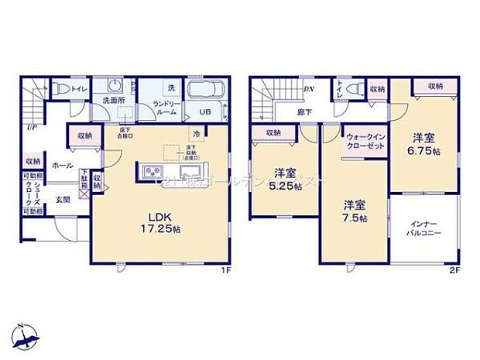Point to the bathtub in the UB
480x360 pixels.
pyautogui.click(x=206, y=91)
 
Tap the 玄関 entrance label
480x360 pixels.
pyautogui.click(x=62, y=199)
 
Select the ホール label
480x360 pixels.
pyautogui.click(x=62, y=166)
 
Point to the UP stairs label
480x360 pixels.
pyautogui.click(x=31, y=127)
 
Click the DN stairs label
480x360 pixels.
pyautogui.click(x=308, y=90)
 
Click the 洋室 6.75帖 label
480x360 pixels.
pyautogui.click(x=422, y=143)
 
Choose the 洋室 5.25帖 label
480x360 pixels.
pyautogui.click(x=284, y=179)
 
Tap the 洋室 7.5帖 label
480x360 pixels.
pyautogui.click(x=356, y=211)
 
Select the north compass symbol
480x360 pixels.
pyautogui.click(x=27, y=334)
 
